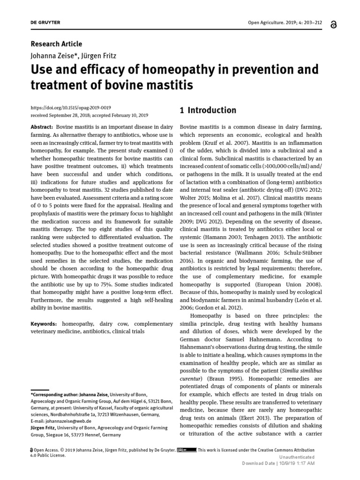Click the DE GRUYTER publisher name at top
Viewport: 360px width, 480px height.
coord(45,23)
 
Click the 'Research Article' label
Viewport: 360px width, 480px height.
coord(56,44)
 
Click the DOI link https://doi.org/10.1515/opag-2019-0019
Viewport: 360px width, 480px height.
coord(70,107)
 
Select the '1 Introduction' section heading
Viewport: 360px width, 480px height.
coord(208,111)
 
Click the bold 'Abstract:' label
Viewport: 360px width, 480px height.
coord(42,127)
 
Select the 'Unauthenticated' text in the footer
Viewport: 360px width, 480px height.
coord(297,457)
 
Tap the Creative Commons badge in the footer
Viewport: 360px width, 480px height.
coord(187,450)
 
